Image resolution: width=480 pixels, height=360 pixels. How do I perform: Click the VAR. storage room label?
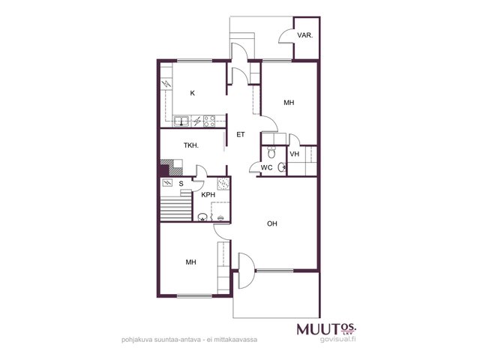[305, 35]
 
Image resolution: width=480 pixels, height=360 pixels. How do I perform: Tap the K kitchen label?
[192, 93]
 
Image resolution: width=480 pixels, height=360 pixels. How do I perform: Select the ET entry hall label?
[241, 134]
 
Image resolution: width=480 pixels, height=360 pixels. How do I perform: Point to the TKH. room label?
[191, 145]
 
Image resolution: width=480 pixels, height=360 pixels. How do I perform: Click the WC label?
[266, 168]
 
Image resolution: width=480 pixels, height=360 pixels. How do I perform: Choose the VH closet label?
[294, 154]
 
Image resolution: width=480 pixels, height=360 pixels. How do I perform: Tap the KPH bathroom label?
[208, 195]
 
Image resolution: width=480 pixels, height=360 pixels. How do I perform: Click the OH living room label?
[271, 223]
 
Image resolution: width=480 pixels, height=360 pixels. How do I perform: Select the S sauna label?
[181, 184]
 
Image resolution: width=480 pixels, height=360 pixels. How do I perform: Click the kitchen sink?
[181, 121]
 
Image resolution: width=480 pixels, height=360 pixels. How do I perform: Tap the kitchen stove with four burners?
[209, 121]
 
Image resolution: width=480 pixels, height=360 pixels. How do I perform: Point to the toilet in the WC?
[271, 151]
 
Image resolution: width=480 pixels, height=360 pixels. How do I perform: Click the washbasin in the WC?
[282, 167]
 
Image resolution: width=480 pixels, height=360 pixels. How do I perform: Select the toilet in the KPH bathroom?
[202, 217]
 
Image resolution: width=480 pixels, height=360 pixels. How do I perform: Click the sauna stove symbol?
[167, 183]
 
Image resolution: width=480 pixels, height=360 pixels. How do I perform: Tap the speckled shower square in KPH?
[223, 184]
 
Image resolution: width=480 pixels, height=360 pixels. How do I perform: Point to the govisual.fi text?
[338, 339]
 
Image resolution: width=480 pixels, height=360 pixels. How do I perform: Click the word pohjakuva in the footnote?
[135, 340]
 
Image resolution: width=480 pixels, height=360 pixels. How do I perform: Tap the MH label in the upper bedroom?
[289, 103]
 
